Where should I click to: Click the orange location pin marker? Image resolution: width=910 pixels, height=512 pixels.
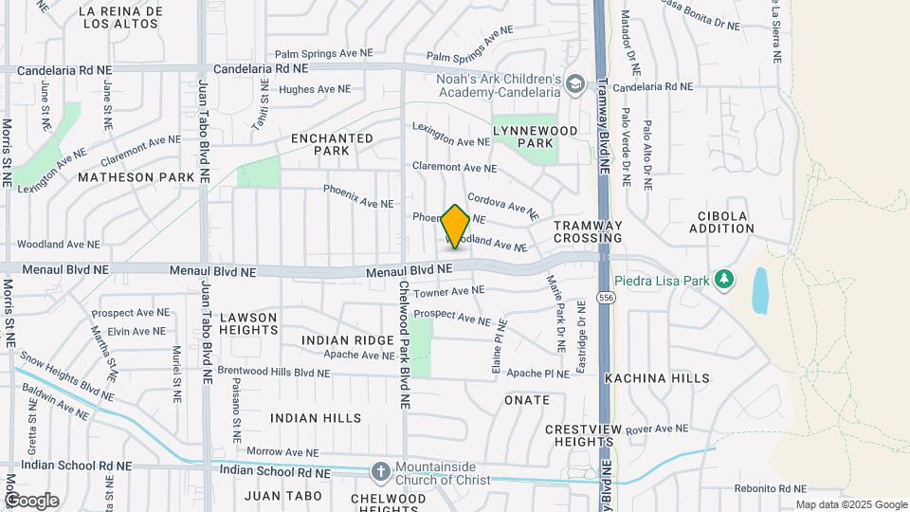click(x=455, y=227)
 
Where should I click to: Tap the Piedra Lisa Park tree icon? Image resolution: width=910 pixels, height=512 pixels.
click(x=725, y=279)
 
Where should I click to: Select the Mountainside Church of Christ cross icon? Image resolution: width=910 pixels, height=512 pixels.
click(x=380, y=471)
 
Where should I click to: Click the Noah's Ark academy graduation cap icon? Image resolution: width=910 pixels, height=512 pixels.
click(x=574, y=86)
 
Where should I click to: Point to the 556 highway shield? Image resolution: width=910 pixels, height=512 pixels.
click(x=603, y=298)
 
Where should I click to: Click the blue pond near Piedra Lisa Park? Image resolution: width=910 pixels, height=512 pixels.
click(x=760, y=290)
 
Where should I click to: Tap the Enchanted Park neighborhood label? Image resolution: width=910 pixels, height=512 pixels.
click(x=332, y=144)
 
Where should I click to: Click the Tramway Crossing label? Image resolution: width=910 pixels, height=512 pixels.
click(x=588, y=231)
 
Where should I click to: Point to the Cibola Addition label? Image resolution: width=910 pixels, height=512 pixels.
click(x=722, y=222)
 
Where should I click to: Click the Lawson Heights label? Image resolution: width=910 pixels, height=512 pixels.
click(x=248, y=323)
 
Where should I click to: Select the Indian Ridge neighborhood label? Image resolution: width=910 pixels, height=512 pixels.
click(x=348, y=339)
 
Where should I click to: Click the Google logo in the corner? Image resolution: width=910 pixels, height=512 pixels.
click(x=32, y=501)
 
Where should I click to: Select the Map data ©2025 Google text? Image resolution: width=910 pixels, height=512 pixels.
click(x=850, y=504)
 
